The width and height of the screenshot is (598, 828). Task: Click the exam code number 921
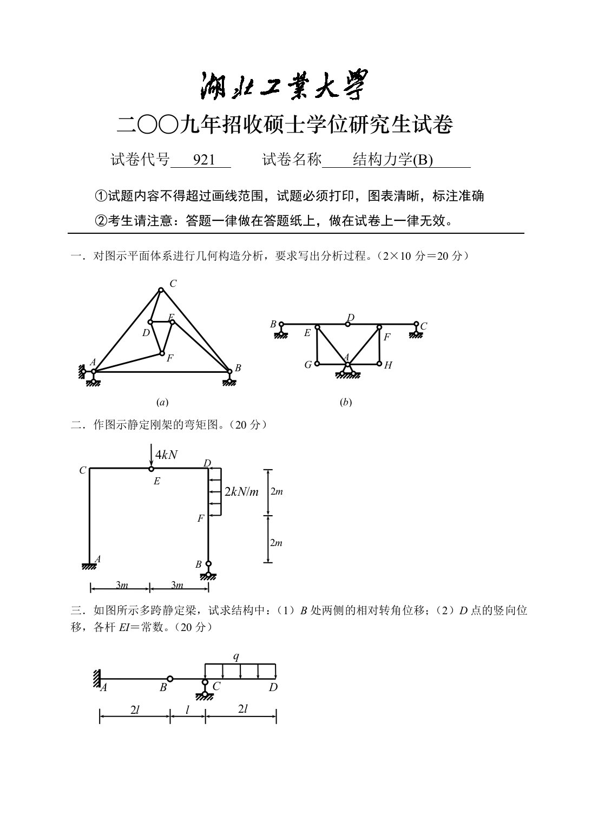click(204, 160)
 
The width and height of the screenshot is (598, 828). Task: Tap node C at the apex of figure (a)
click(161, 290)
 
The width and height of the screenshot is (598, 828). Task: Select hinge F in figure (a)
click(161, 353)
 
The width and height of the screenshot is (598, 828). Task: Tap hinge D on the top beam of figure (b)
click(348, 324)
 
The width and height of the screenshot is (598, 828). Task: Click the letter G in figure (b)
click(308, 365)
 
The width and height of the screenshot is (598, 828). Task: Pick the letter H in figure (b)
click(388, 365)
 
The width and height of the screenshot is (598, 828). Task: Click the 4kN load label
click(166, 455)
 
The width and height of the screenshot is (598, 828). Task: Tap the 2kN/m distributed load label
click(242, 491)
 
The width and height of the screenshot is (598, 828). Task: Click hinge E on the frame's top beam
click(152, 469)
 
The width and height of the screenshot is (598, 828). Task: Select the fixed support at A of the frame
click(90, 566)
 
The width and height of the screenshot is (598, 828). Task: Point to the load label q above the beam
click(236, 656)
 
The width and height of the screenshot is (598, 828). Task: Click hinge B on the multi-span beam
click(170, 679)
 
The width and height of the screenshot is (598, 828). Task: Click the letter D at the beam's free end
click(273, 687)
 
